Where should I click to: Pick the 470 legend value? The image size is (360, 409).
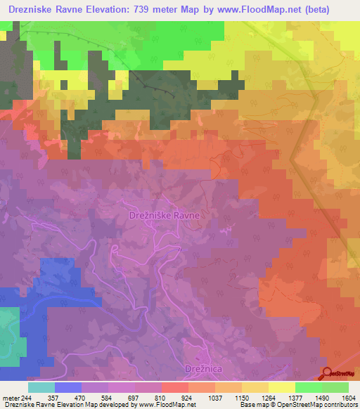pyautogui.click(x=81, y=398)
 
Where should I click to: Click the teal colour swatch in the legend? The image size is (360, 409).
pyautogui.click(x=41, y=387)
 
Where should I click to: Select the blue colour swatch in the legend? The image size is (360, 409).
pyautogui.click(x=67, y=387)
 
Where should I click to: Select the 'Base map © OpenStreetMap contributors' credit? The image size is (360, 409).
pyautogui.click(x=297, y=405)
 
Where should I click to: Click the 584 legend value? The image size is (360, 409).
pyautogui.click(x=108, y=398)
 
